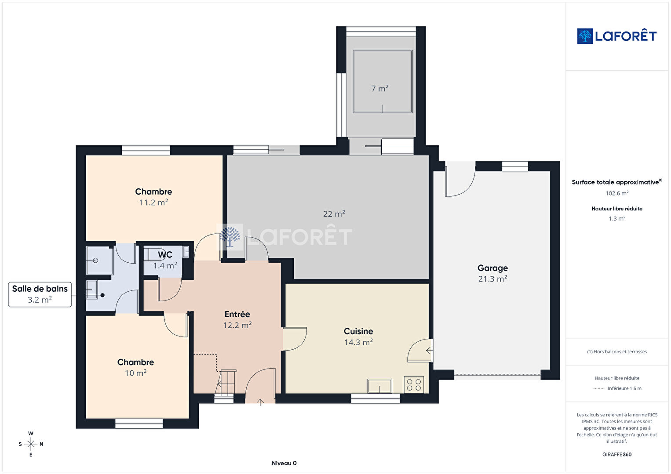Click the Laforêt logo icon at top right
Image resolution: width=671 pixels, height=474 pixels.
click(x=585, y=36)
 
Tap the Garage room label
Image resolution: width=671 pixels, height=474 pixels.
click(x=492, y=268)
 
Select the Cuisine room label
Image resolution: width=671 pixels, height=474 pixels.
click(x=358, y=331)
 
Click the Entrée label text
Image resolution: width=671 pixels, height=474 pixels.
click(x=237, y=314)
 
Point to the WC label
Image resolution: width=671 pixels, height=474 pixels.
click(x=165, y=255)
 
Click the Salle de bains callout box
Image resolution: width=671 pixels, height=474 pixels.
click(x=40, y=294)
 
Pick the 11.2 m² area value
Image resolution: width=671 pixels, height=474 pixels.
click(x=153, y=203)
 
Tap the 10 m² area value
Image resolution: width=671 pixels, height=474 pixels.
click(x=136, y=373)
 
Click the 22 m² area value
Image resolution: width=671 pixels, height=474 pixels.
click(x=334, y=213)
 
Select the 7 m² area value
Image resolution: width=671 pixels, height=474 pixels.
click(x=380, y=89)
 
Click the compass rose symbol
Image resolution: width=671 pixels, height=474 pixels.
click(x=30, y=444)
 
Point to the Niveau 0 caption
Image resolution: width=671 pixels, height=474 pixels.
click(x=284, y=463)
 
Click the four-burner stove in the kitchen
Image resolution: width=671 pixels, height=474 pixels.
click(x=414, y=384)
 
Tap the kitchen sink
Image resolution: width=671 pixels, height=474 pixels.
click(x=380, y=386)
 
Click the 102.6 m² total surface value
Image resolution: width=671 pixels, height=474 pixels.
click(x=617, y=193)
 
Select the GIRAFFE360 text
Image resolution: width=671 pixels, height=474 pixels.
click(x=617, y=454)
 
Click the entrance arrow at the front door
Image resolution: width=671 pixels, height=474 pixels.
click(x=260, y=402)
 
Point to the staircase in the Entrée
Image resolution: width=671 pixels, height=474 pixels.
click(x=226, y=384)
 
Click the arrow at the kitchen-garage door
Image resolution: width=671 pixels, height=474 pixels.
click(x=429, y=351)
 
